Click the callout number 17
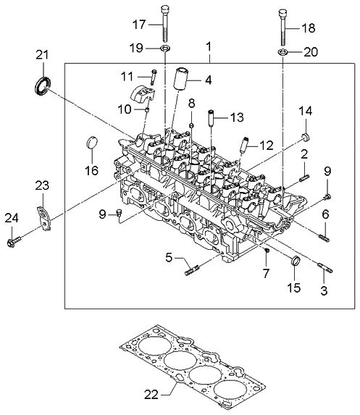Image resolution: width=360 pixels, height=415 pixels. [x=139, y=25]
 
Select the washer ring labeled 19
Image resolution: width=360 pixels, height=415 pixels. [x=165, y=49]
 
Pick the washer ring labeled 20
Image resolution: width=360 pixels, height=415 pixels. [x=283, y=51]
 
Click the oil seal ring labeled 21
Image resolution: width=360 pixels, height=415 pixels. [x=42, y=85]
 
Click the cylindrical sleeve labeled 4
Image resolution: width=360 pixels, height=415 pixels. [x=180, y=79]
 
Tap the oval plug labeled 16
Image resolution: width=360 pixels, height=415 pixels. [x=92, y=143]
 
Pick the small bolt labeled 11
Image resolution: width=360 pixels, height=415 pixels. [x=153, y=77]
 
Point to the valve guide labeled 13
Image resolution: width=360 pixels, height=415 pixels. [x=211, y=118]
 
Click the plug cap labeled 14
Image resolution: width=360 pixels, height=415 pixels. [x=306, y=137]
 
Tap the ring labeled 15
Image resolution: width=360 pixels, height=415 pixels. [x=296, y=261]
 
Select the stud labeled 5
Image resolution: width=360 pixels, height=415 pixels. [x=192, y=270]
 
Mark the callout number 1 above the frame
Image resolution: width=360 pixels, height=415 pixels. [x=209, y=46]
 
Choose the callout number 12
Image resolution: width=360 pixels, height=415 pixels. [x=266, y=145]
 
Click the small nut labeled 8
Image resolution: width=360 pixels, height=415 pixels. [x=192, y=125]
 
